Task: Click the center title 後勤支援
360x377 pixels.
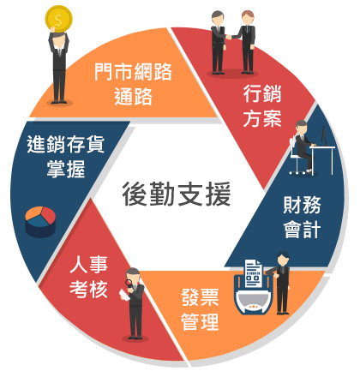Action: coord(177,194)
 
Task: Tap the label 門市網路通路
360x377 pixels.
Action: coord(133,84)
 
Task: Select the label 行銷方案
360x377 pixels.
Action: coord(262,105)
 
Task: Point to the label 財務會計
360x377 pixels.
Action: coord(302,217)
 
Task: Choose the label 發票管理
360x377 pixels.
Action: coord(200,309)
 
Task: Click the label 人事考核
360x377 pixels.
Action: coord(88,277)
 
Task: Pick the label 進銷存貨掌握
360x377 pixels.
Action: coord(66,157)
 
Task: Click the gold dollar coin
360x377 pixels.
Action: coord(58,19)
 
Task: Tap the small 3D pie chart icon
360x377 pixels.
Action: coord(40,222)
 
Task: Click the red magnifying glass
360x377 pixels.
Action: coord(129,283)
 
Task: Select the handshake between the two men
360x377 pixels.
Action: coord(229,37)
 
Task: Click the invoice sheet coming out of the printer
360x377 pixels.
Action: coord(254,273)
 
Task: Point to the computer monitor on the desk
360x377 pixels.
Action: coord(324,135)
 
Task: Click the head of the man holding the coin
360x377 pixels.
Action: coord(59,39)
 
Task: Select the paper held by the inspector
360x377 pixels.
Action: coord(124,295)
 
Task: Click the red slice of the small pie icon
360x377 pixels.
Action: coord(48,215)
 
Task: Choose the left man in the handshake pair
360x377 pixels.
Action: coord(219,42)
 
